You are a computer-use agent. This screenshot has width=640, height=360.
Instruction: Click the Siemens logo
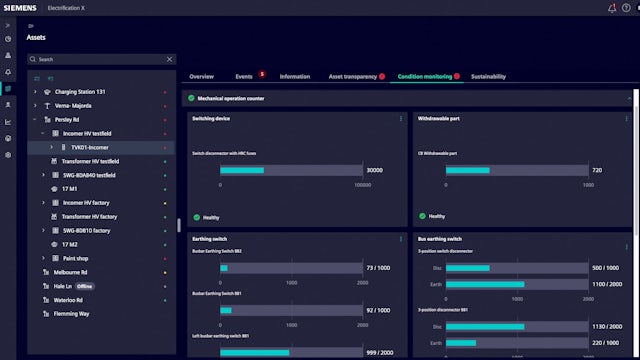click(21, 8)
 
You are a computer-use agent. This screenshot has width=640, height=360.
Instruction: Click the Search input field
click(100, 59)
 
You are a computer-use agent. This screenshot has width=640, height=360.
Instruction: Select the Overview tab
click(201, 76)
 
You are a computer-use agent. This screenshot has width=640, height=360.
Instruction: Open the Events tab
click(244, 76)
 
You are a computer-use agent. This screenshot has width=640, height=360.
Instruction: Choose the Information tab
click(294, 76)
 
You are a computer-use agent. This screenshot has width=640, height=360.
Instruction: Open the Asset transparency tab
click(352, 76)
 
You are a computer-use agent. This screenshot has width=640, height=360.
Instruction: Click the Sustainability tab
click(488, 76)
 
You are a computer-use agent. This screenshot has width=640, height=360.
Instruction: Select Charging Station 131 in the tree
click(80, 91)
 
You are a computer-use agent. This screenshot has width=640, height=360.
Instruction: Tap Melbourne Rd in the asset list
click(70, 271)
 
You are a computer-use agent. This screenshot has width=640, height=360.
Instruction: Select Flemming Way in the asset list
click(72, 313)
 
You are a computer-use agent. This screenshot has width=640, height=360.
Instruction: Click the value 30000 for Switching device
click(374, 170)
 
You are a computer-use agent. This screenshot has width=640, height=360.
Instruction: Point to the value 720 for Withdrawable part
click(597, 170)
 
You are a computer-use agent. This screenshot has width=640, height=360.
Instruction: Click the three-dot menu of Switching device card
click(401, 118)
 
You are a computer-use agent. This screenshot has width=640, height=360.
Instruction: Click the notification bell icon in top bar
click(612, 8)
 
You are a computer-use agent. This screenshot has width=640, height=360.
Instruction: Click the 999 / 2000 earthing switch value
click(377, 352)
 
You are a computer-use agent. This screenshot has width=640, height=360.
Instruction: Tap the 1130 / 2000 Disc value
click(605, 326)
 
